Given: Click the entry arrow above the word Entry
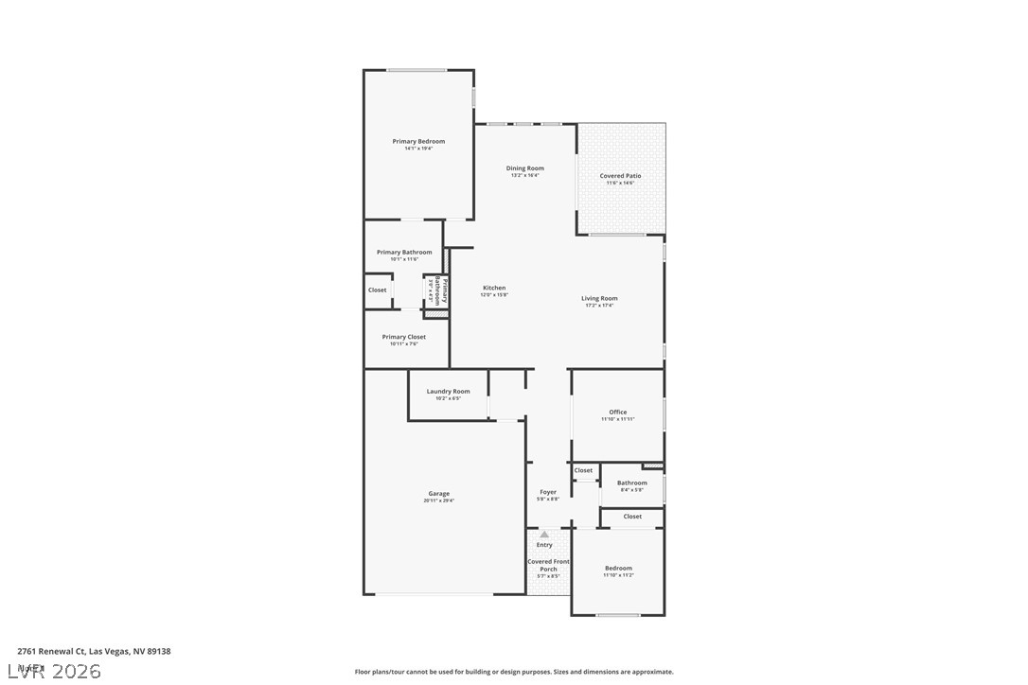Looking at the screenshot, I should click(x=544, y=535).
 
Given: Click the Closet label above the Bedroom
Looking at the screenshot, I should click(x=632, y=517).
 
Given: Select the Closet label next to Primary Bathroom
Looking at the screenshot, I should click(x=378, y=290).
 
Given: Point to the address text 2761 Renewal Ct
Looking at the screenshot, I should click(x=94, y=651).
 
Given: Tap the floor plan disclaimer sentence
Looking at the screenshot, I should click(x=514, y=672).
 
